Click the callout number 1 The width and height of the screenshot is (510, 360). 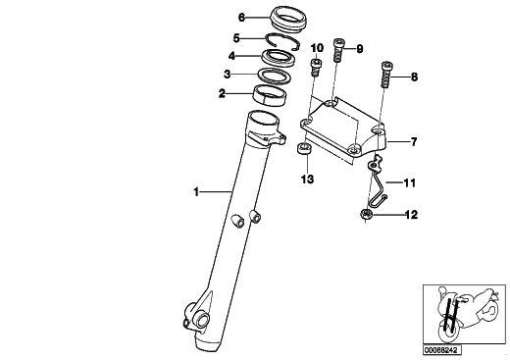[196, 192]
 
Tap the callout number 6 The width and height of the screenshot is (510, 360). [241, 18]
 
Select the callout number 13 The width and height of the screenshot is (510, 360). [308, 180]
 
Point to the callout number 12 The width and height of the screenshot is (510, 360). [411, 215]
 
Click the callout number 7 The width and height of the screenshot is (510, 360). [414, 142]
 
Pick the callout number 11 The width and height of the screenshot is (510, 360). [410, 182]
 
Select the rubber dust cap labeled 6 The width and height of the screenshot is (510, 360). [288, 24]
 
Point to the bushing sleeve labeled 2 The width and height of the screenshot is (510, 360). [271, 96]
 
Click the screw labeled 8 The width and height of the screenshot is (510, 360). [387, 75]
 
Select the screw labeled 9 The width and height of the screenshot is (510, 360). [338, 50]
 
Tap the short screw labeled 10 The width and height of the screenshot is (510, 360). [316, 68]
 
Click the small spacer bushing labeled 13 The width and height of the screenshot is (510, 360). [304, 149]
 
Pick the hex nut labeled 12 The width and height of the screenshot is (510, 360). [366, 215]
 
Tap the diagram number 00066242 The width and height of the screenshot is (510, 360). [442, 350]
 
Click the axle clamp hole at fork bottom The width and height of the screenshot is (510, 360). [201, 319]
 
